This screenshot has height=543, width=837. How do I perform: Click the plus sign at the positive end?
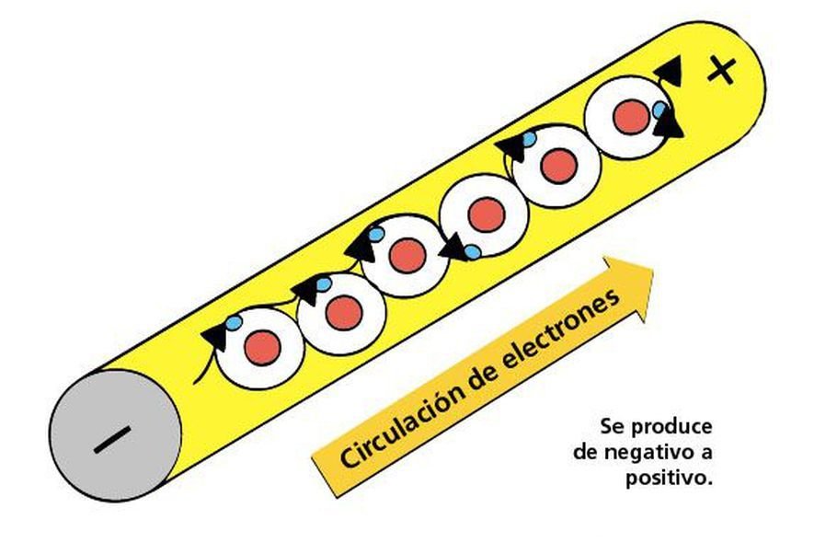coord(722,71)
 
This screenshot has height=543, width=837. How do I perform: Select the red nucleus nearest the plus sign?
coord(632,116)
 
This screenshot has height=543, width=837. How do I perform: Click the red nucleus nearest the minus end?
coord(262,347)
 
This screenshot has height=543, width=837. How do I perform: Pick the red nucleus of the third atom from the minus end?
coord(407,255)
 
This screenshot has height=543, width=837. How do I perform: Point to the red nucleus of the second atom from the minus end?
coord(343,313)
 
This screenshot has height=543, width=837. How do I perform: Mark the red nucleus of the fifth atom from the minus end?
coord(558,165)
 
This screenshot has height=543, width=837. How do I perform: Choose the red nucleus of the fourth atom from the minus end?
coord(486,214)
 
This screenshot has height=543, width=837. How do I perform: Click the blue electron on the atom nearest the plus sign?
coord(660,110)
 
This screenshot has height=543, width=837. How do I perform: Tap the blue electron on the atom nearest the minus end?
coord(235,323)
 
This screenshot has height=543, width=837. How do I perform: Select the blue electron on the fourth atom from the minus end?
coord(472,251)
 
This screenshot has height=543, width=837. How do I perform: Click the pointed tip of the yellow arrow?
coord(651,271)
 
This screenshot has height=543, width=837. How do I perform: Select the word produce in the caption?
coord(674,427)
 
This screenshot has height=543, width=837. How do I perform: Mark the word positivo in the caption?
coord(668,479)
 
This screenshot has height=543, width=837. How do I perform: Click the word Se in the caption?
coord(613,427)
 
